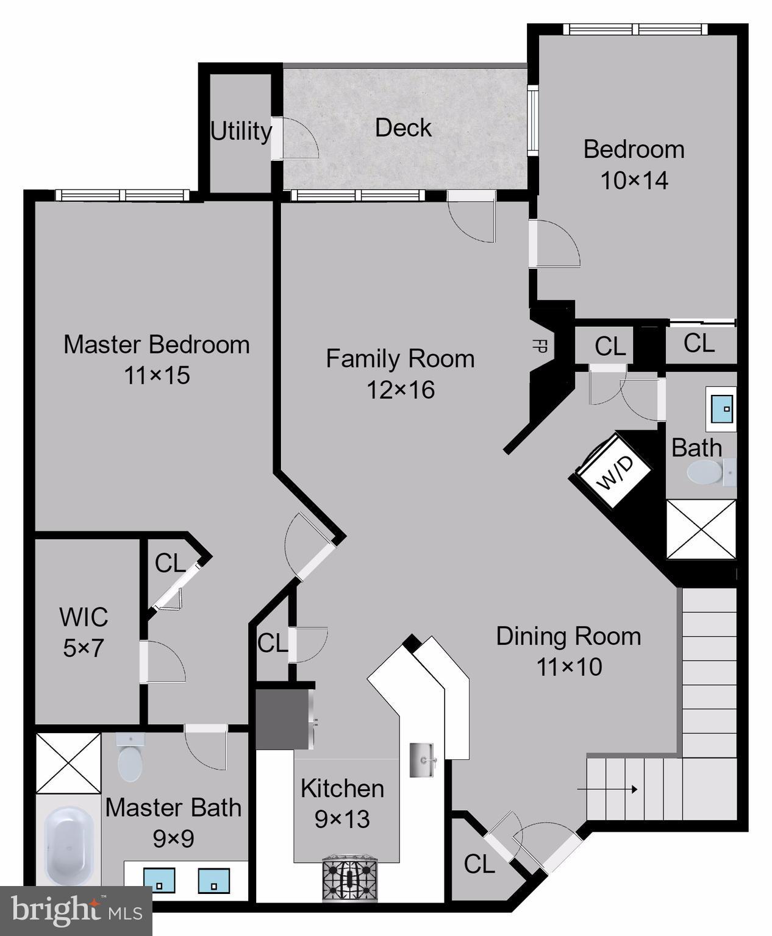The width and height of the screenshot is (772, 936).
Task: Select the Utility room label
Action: coord(241,131)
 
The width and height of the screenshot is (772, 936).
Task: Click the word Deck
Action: coord(403,128)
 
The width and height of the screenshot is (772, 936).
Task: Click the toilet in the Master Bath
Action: coord(130,759)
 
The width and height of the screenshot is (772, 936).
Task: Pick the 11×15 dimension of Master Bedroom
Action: coord(157,375)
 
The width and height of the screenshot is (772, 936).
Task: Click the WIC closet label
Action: coord(84,617)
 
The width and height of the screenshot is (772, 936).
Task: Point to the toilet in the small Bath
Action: coord(706,472)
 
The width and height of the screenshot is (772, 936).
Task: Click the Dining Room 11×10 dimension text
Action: coord(569,667)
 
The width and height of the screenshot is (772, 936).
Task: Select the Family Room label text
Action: coord(400,358)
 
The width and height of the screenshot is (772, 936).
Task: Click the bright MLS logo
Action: coord(76,910)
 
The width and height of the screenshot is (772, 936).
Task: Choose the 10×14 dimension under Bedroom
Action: coord(634,180)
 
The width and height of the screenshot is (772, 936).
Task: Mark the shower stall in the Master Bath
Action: coord(68,762)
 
